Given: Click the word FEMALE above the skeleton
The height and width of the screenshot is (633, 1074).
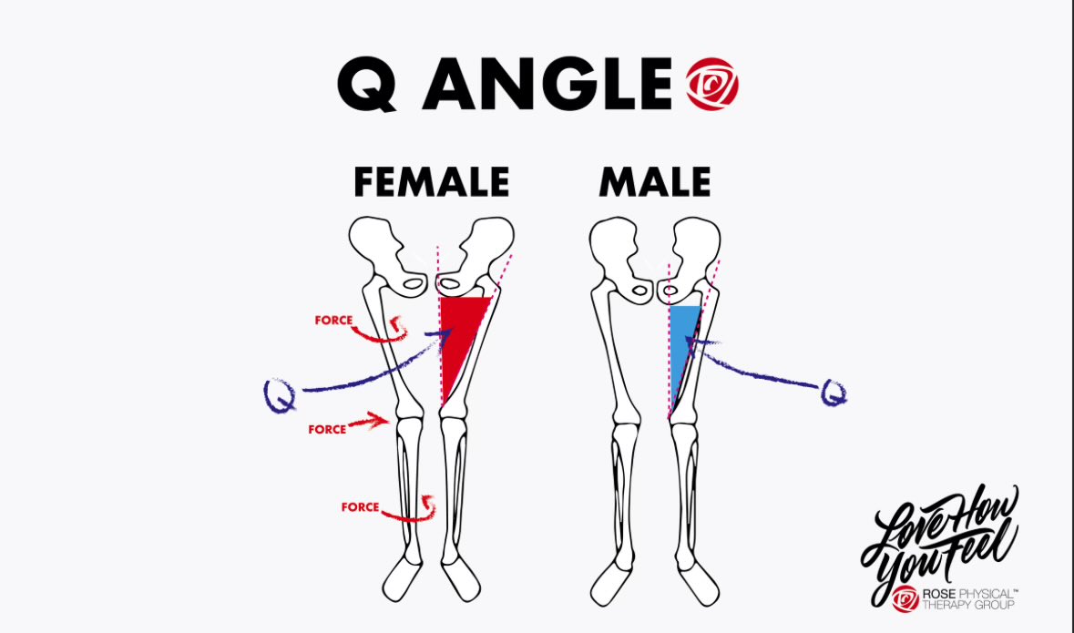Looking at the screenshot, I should click(x=431, y=182).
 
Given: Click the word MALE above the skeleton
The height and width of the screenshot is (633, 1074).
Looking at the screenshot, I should click(x=654, y=182).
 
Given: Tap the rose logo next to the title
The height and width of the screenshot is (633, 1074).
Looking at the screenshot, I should click(x=711, y=86).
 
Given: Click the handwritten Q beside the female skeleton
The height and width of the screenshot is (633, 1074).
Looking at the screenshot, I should click(x=277, y=396).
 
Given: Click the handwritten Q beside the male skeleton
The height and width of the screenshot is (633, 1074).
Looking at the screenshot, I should click(x=833, y=393).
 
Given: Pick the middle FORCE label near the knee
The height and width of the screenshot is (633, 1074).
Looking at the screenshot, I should click(x=327, y=429).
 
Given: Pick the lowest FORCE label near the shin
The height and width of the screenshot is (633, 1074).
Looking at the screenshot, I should click(x=360, y=507).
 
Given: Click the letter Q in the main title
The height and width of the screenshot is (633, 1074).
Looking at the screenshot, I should click(x=368, y=85).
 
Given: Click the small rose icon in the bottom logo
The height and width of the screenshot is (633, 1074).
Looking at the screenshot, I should click(x=905, y=598).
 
